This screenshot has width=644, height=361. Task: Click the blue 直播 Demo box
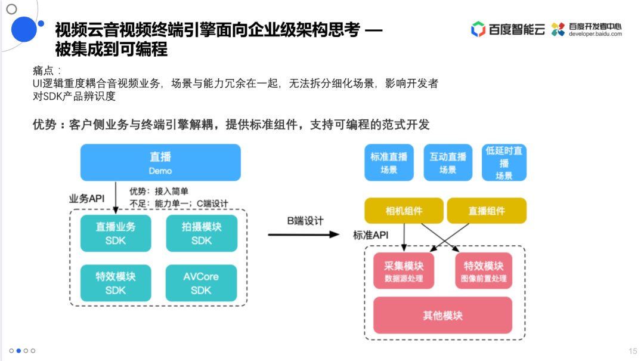pos(160,162)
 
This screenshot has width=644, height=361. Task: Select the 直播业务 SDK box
pos(116,233)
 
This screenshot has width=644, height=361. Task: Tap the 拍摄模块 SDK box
pos(202,233)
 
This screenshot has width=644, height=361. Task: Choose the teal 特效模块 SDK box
pos(116,283)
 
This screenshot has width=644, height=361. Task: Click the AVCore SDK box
pos(202,283)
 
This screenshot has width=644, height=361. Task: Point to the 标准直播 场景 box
pos(389,163)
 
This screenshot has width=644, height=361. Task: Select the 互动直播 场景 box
pos(448,163)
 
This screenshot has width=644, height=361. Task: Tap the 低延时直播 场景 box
pos(504,163)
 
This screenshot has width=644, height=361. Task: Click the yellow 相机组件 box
pos(404,211)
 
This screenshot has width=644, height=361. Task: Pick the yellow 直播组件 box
pos(487,211)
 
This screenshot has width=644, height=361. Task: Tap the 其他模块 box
pos(442,315)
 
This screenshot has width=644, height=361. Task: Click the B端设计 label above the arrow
pos(305,221)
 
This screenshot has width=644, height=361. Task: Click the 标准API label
pos(370,235)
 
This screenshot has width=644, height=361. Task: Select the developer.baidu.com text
pos(595,34)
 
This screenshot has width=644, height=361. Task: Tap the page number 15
pos(633,350)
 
